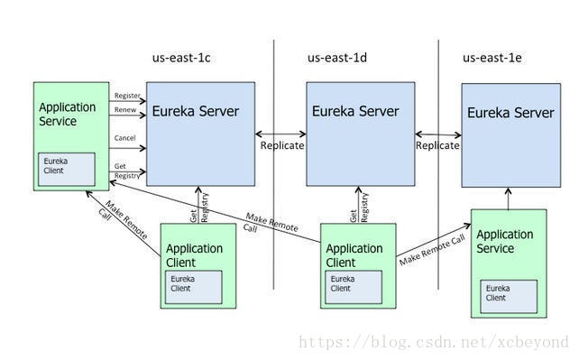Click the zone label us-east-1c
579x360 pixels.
(181, 58)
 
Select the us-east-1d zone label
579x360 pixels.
(336, 58)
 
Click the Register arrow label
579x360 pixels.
(126, 95)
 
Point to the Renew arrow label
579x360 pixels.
(125, 110)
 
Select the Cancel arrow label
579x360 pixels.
(125, 138)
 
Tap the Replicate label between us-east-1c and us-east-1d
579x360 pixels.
(281, 145)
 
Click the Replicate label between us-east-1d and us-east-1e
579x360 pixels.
(437, 145)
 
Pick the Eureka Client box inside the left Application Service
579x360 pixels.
(66, 168)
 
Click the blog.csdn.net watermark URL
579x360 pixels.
(433, 343)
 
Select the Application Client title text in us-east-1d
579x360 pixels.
(354, 255)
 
